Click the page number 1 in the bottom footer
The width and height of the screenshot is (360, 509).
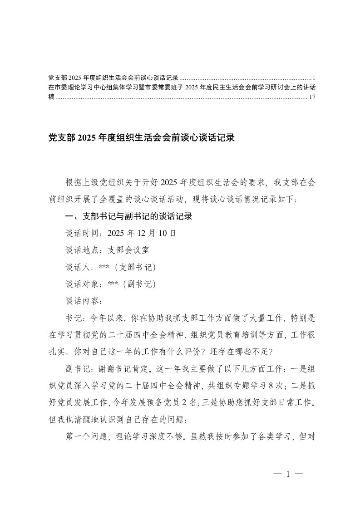(288, 475)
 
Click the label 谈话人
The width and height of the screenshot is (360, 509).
(78, 267)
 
